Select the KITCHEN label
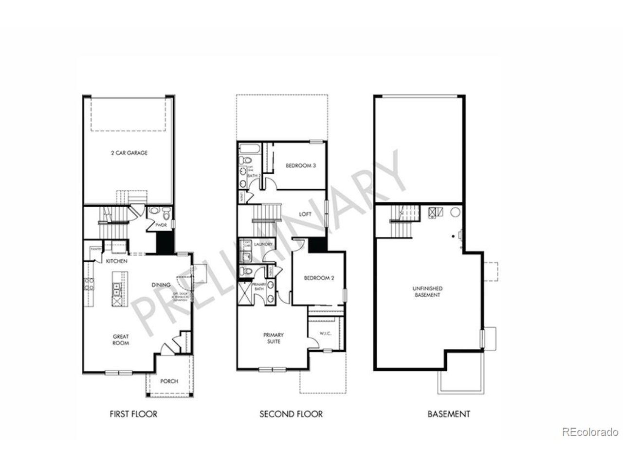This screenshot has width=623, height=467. (117, 261)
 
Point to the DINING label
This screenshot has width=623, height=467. (161, 285)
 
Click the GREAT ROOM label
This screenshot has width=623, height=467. (121, 340)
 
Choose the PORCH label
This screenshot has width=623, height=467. (169, 381)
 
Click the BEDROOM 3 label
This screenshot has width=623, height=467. (301, 165)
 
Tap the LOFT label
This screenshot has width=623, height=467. (305, 214)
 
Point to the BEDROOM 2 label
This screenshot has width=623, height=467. (319, 278)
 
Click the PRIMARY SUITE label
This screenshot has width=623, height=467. (274, 338)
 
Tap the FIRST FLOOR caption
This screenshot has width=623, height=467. (133, 414)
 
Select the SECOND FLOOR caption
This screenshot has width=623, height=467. (291, 414)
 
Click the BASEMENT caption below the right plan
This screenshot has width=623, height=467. (449, 414)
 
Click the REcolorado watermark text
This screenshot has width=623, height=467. (590, 431)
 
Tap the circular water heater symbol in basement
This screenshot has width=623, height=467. (455, 212)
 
